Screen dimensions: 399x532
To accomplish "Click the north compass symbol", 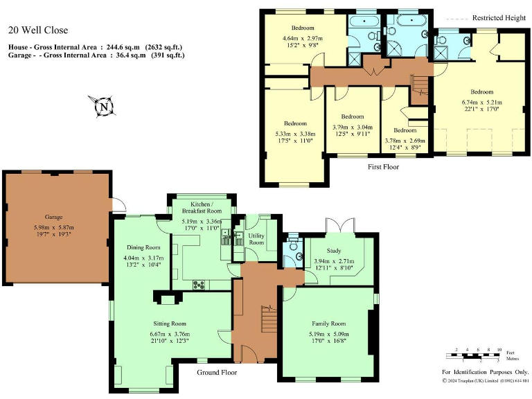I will pos(103,107).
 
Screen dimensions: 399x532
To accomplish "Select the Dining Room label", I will pos(143,247).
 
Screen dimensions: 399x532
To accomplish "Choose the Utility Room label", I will pos(256,239).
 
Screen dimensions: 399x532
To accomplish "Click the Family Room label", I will pos(328,323).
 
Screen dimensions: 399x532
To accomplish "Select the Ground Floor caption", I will pos(217,373).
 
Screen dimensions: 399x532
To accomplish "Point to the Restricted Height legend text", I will pos(498,18).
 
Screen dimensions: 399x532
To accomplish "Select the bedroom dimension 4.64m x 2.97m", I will pos(303,38).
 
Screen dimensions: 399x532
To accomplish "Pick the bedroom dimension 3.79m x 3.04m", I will pos(352,127).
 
